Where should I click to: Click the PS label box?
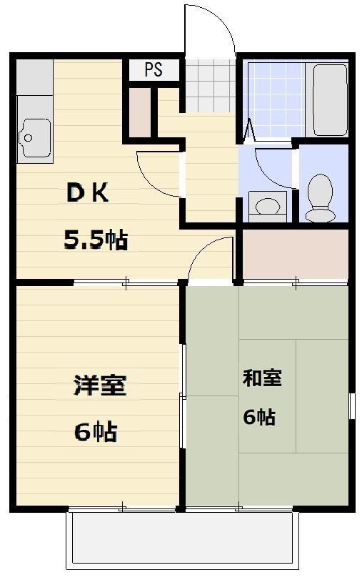pos(154,69)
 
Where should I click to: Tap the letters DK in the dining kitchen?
pos(88,193)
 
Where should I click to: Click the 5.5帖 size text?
pos(96,241)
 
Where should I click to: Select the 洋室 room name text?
pos(100,385)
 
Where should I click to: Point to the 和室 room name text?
pos(262,378)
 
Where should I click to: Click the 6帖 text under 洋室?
pos(95,431)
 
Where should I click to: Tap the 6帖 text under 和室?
pos(259,417)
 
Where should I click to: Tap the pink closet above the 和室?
pos(295,254)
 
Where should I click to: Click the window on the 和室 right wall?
pos(352,405)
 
